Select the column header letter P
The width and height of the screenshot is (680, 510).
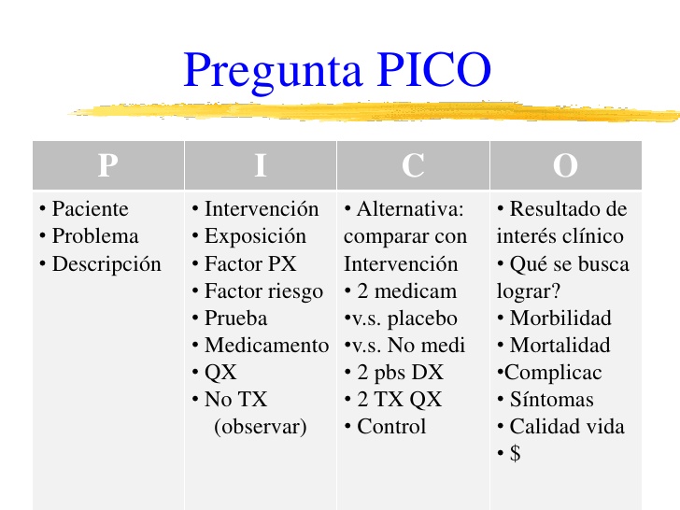tap(107, 166)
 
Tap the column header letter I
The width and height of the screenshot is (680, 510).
tap(261, 166)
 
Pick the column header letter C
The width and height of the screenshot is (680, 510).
tap(413, 166)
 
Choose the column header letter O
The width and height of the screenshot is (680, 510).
tap(565, 166)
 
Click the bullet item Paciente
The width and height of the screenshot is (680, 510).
tap(90, 208)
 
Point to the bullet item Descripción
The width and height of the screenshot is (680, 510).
tap(106, 263)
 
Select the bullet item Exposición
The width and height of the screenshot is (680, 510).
tap(255, 235)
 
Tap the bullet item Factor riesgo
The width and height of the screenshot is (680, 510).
tap(263, 290)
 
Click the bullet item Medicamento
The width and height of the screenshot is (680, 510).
tap(266, 345)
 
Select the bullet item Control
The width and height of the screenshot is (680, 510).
tap(390, 427)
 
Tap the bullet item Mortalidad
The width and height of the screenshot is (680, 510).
tap(560, 345)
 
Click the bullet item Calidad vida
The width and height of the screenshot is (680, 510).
tap(567, 427)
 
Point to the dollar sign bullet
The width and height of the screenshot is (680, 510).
tap(515, 454)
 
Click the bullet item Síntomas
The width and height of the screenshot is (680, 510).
tap(551, 400)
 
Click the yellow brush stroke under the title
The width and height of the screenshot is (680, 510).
tap(374, 111)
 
